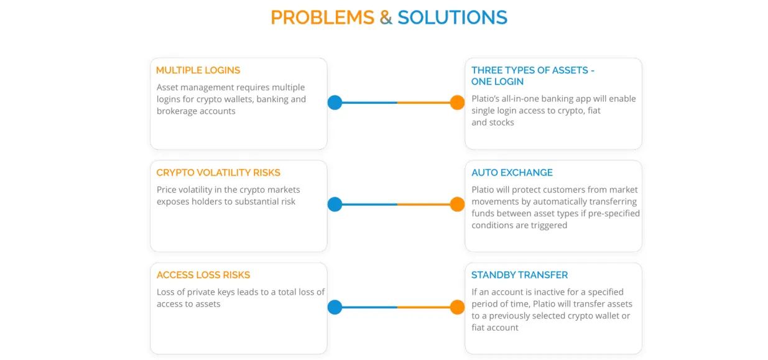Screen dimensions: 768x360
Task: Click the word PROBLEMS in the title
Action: click(x=322, y=17)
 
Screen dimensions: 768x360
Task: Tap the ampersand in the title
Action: click(x=386, y=17)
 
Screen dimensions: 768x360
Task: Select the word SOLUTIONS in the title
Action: click(x=452, y=17)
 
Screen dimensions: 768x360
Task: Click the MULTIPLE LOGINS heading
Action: click(x=198, y=70)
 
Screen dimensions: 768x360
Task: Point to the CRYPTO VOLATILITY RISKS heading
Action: click(x=218, y=172)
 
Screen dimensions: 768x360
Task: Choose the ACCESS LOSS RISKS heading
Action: click(x=203, y=275)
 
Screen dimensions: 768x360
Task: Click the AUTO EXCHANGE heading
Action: click(x=512, y=172)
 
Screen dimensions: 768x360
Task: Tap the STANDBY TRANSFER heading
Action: click(x=519, y=275)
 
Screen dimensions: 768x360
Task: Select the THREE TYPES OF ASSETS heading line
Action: click(x=533, y=70)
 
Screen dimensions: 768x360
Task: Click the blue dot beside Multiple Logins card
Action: click(x=335, y=103)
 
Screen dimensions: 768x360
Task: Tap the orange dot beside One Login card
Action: click(x=457, y=103)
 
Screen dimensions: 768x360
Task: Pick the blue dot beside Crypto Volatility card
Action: click(x=335, y=205)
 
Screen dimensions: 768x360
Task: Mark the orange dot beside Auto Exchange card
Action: click(x=457, y=205)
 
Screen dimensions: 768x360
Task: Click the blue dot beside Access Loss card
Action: click(x=335, y=307)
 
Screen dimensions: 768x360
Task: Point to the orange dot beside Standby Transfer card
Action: click(x=457, y=307)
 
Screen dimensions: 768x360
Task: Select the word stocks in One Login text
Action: click(x=502, y=122)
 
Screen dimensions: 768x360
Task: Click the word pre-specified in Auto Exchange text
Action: click(x=614, y=214)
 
